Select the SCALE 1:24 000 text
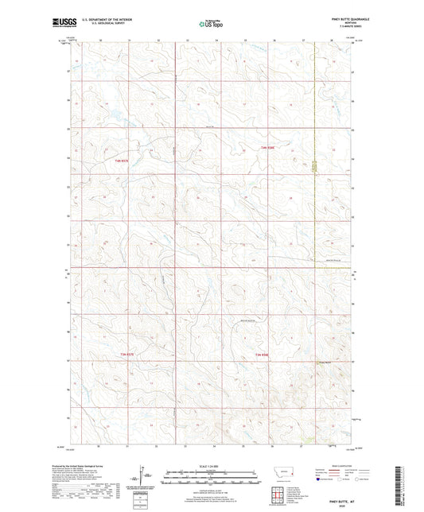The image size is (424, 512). [x=211, y=467]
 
